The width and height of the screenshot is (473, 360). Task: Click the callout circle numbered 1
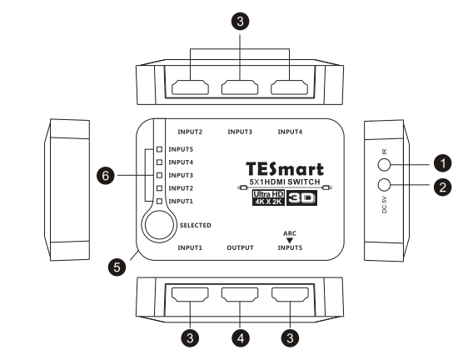click(442, 163)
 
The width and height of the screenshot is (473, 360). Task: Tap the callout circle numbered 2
click(442, 187)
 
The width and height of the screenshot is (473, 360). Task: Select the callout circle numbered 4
click(241, 338)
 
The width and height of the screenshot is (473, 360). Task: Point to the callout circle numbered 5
click(117, 267)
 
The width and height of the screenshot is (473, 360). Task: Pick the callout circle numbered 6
click(106, 175)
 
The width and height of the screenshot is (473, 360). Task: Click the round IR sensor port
click(384, 164)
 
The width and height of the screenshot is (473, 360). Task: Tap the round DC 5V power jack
click(384, 185)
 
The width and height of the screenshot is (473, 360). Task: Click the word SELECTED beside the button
click(196, 225)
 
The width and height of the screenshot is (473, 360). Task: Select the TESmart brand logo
click(285, 169)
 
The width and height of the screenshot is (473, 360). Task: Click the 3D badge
click(301, 198)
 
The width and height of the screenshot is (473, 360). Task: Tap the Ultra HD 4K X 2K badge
click(268, 198)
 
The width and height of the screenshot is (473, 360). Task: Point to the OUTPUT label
click(240, 247)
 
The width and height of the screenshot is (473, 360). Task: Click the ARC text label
click(290, 233)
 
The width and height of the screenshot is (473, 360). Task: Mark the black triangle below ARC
click(290, 241)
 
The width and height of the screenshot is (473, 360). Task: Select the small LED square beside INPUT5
click(160, 149)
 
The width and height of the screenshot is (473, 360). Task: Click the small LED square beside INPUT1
click(160, 202)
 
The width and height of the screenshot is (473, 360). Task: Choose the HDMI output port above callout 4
click(240, 294)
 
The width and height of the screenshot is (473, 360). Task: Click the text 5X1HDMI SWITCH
click(285, 182)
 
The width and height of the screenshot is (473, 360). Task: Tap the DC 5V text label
click(385, 204)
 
